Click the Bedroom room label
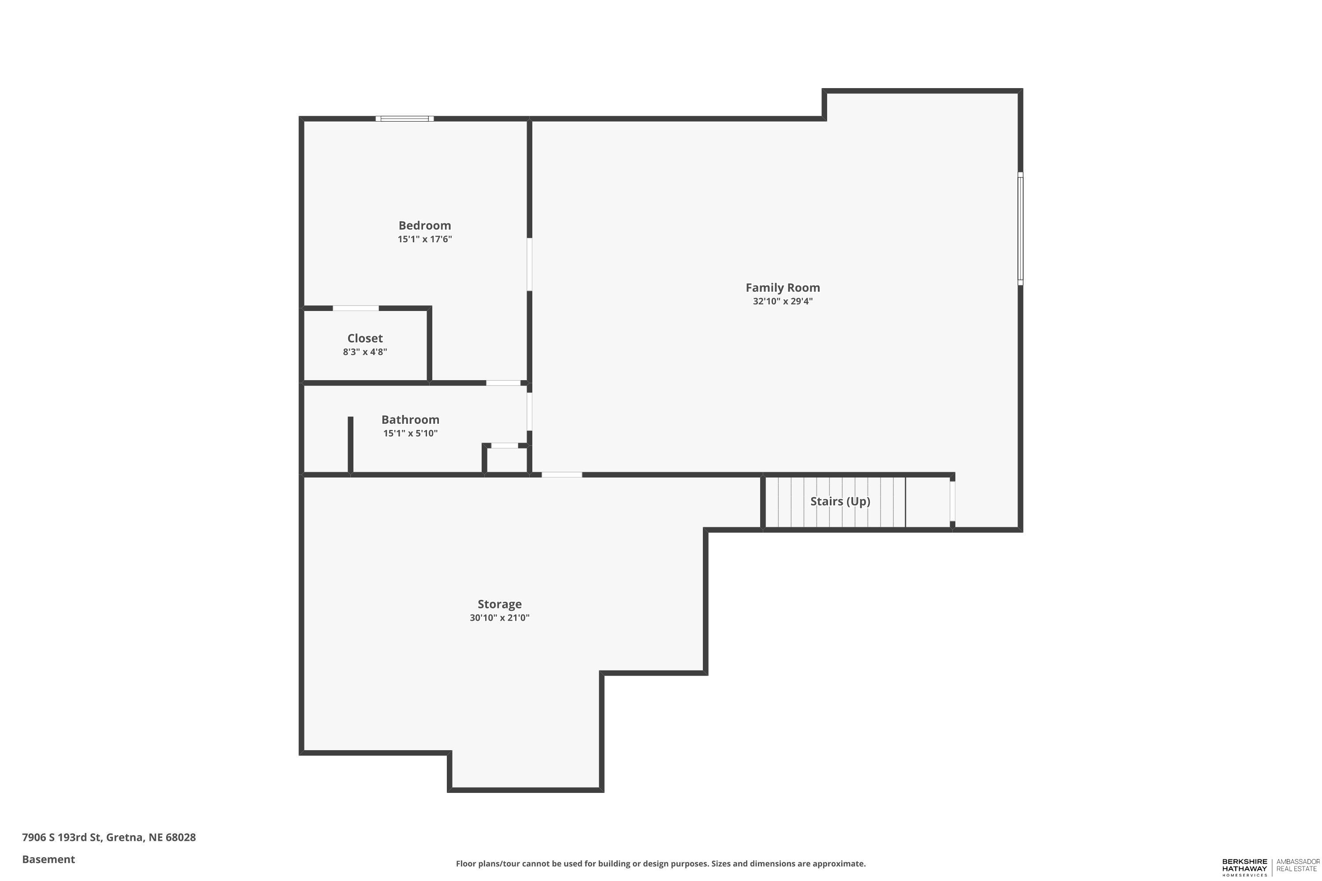pyautogui.click(x=424, y=225)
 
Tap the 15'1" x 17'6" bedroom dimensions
pyautogui.click(x=424, y=239)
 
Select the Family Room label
pyautogui.click(x=783, y=288)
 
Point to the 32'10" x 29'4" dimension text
pyautogui.click(x=783, y=301)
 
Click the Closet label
pyautogui.click(x=365, y=338)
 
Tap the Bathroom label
pyautogui.click(x=410, y=420)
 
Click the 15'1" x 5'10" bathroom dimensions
pyautogui.click(x=410, y=433)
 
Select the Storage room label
pyautogui.click(x=499, y=604)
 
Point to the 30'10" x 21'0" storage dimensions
pyautogui.click(x=499, y=618)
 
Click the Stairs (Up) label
pyautogui.click(x=840, y=501)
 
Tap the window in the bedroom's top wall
pyautogui.click(x=405, y=118)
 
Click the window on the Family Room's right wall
pyautogui.click(x=1020, y=228)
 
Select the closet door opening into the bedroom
pyautogui.click(x=356, y=308)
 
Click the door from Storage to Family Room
pyautogui.click(x=561, y=475)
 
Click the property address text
pyautogui.click(x=108, y=837)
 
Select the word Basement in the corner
pyautogui.click(x=48, y=859)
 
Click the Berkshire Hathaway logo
pyautogui.click(x=1244, y=867)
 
